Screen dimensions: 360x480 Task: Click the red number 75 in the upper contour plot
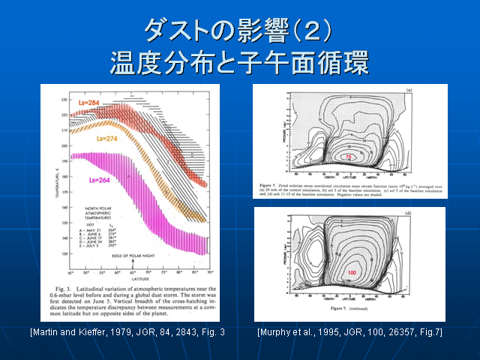pyautogui.click(x=349, y=156)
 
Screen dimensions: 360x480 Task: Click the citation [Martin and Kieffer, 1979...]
pyautogui.click(x=128, y=330)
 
